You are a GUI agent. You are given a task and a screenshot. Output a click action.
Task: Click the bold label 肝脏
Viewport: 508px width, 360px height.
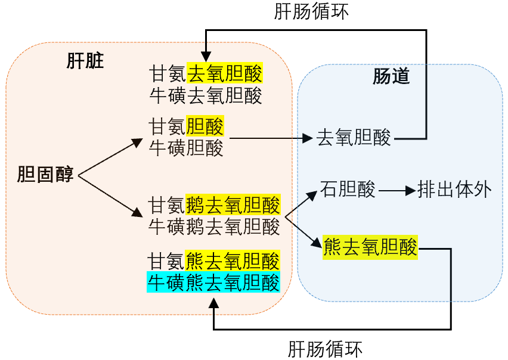click(x=85, y=62)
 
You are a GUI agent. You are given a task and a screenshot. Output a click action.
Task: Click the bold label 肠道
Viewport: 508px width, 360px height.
click(x=392, y=77)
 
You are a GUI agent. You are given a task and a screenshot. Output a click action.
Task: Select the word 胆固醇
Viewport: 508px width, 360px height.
click(x=46, y=175)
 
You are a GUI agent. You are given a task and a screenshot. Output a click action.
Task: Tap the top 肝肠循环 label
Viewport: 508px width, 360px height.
click(x=311, y=12)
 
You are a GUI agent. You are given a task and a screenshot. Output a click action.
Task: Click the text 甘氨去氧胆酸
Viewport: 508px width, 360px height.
click(x=206, y=75)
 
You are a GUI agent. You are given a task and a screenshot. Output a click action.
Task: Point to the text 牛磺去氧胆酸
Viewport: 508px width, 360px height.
click(x=206, y=95)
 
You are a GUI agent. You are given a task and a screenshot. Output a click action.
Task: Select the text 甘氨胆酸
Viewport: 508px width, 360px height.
click(x=187, y=126)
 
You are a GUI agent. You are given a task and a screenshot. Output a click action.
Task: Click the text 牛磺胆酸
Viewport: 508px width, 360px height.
click(x=187, y=147)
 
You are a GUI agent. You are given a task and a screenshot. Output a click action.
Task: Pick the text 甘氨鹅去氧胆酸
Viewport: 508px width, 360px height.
click(x=214, y=206)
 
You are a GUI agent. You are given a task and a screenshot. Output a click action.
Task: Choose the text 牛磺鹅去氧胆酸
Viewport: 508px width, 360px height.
click(x=214, y=226)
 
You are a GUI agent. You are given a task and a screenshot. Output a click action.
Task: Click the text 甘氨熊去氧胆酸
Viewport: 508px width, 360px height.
click(x=214, y=262)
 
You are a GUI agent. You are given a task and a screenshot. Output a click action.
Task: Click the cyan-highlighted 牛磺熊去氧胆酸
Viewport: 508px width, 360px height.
click(x=214, y=282)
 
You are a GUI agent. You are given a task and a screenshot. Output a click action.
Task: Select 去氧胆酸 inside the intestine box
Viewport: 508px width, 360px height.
click(x=354, y=138)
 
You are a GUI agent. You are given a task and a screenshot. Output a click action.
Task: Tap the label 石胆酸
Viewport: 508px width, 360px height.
click(x=348, y=190)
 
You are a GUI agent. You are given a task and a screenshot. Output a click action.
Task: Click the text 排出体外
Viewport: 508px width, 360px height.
click(x=454, y=190)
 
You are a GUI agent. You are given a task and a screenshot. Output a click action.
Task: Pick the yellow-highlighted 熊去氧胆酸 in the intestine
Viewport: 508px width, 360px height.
click(x=370, y=246)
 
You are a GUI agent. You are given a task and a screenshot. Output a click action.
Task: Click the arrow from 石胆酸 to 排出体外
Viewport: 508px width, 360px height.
click(x=397, y=191)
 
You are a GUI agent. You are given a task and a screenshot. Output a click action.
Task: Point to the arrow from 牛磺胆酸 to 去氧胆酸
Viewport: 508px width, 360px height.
click(x=271, y=138)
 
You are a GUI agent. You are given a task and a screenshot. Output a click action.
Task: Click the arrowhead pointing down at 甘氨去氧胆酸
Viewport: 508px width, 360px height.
click(x=206, y=53)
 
